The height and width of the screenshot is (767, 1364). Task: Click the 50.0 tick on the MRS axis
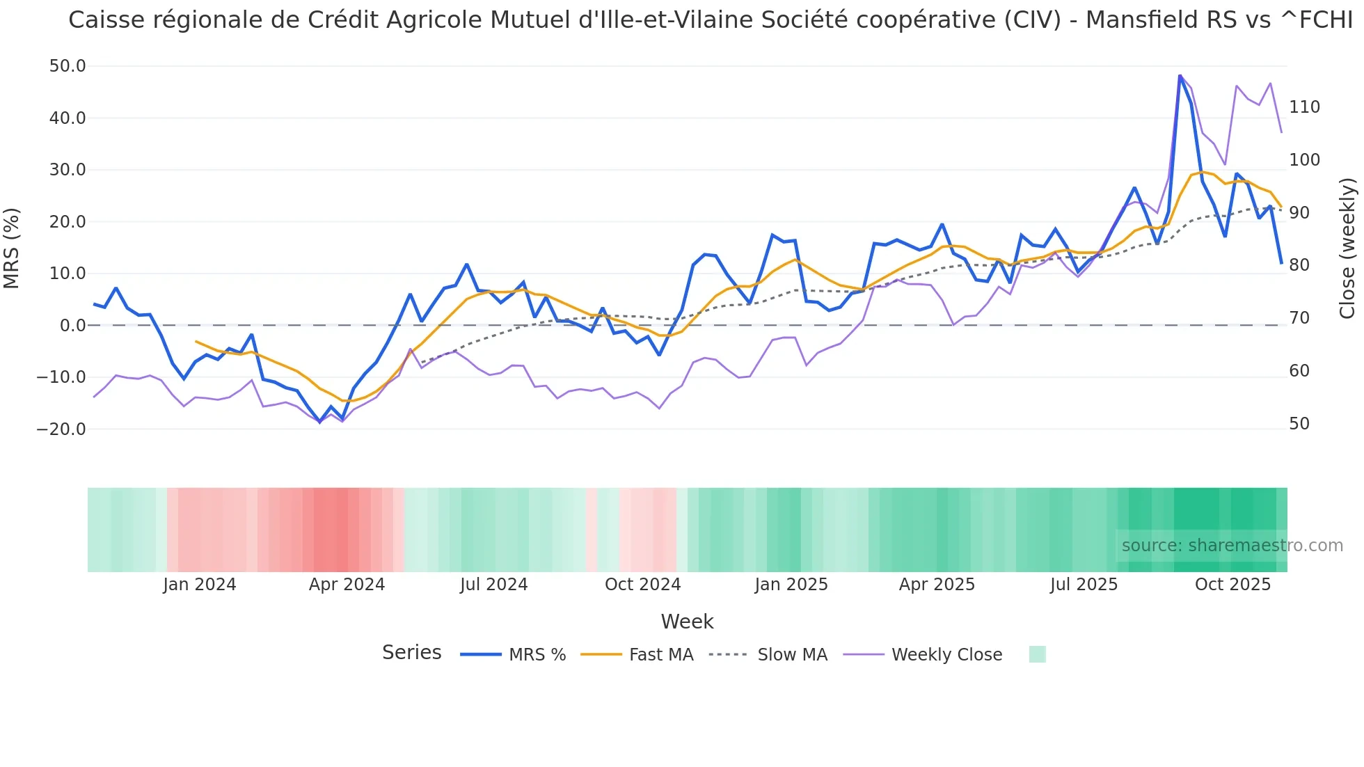pyautogui.click(x=68, y=66)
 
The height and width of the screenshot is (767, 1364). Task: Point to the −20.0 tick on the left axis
pyautogui.click(x=61, y=429)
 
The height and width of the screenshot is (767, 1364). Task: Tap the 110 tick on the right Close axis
pyautogui.click(x=1304, y=107)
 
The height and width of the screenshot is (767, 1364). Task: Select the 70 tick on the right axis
pyautogui.click(x=1299, y=318)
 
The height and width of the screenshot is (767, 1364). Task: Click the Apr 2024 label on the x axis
pyautogui.click(x=347, y=585)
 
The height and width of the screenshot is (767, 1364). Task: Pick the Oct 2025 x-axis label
pyautogui.click(x=1232, y=585)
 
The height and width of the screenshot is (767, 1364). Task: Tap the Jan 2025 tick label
pyautogui.click(x=791, y=585)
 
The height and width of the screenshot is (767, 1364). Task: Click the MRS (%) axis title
pyautogui.click(x=12, y=248)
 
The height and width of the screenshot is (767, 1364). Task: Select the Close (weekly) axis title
pyautogui.click(x=1347, y=248)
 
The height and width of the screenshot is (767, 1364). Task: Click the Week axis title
pyautogui.click(x=687, y=622)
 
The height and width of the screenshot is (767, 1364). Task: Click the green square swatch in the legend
pyautogui.click(x=1037, y=654)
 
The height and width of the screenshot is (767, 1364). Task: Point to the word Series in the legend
pyautogui.click(x=411, y=653)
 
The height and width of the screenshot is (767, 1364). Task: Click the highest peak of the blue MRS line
pyautogui.click(x=1180, y=75)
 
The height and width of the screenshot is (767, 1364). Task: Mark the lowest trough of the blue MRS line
pyautogui.click(x=320, y=422)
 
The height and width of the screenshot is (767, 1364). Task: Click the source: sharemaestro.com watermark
pyautogui.click(x=1232, y=546)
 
